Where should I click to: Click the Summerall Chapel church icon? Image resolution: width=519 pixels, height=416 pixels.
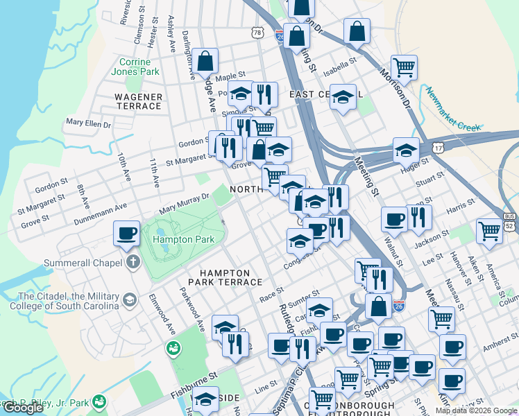pos(133,263)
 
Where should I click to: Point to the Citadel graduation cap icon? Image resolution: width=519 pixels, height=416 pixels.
pos(129,300)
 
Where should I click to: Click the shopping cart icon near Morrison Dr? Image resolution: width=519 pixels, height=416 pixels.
pos(404,67)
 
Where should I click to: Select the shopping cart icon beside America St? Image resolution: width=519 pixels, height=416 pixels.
pos(490,230)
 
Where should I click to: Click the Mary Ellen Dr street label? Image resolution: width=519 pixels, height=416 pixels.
pos(88,124)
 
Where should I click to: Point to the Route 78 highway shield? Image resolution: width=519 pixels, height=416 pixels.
pos(258,33)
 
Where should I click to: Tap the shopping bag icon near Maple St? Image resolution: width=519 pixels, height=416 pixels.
pos(206,61)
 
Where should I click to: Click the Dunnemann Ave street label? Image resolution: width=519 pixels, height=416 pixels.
pos(102,214)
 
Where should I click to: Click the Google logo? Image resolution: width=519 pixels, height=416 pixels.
pos(23,408)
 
